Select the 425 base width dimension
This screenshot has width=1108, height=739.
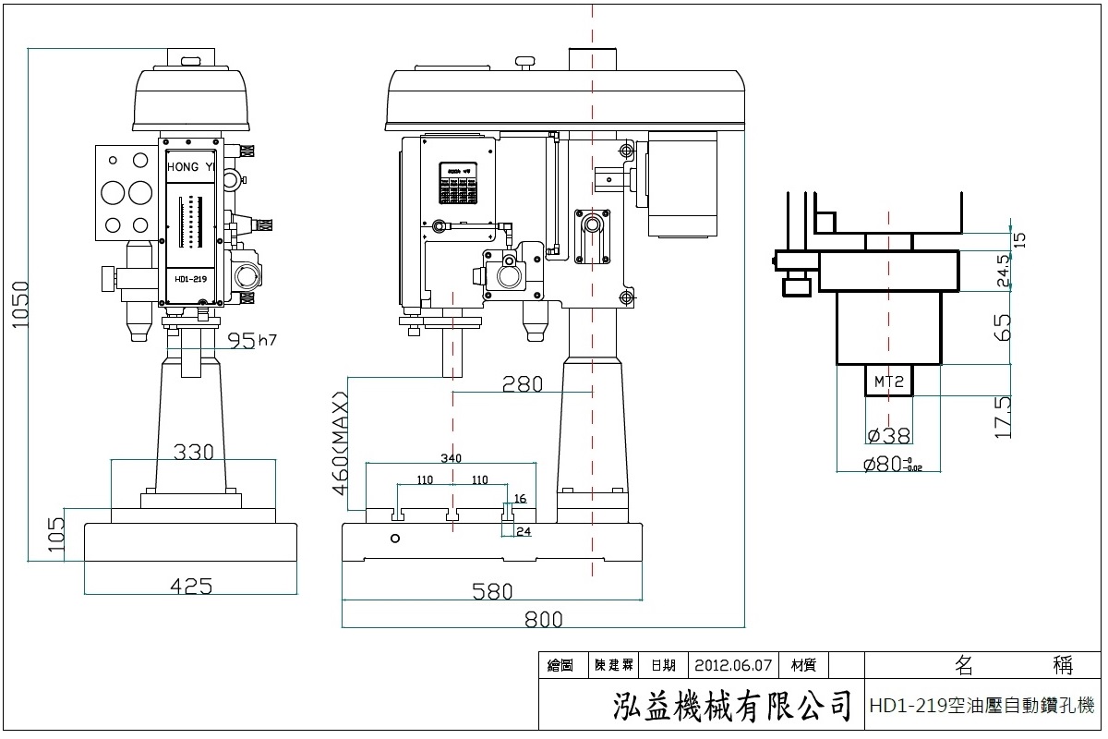(x=191, y=586)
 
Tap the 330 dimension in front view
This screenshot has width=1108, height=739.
(x=194, y=452)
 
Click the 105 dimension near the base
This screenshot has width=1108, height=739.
(x=56, y=535)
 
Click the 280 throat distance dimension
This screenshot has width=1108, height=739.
(x=522, y=384)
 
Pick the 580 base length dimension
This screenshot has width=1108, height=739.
(x=492, y=591)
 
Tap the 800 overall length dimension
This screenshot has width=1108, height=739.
(x=543, y=619)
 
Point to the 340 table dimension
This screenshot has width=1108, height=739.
(x=451, y=459)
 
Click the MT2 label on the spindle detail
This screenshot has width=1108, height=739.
(x=887, y=380)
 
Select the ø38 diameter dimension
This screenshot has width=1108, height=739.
(x=889, y=435)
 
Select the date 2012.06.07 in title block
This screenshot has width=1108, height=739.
(x=732, y=665)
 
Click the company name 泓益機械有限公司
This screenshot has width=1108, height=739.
(x=731, y=707)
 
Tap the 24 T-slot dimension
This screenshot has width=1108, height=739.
(x=524, y=531)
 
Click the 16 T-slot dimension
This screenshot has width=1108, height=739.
(x=520, y=499)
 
